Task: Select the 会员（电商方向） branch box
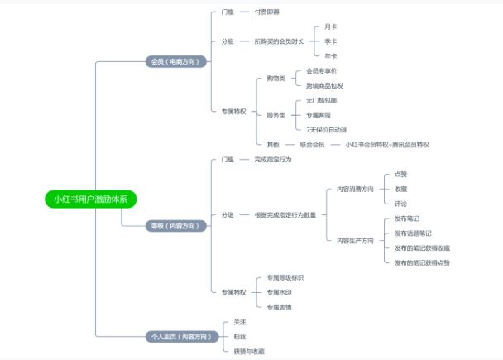click(175, 61)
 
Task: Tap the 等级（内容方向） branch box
click(175, 225)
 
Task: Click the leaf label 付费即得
click(266, 12)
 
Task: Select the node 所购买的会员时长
click(278, 41)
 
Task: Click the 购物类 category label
click(275, 79)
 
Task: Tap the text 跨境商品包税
click(324, 86)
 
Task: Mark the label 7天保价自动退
click(326, 130)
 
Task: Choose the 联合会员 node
click(311, 144)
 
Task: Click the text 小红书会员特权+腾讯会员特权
click(386, 144)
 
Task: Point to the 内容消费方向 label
click(354, 190)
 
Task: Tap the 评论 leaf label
click(400, 204)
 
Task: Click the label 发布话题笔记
click(412, 233)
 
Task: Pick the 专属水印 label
click(279, 292)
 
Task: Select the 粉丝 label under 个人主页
click(240, 336)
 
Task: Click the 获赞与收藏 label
click(249, 351)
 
